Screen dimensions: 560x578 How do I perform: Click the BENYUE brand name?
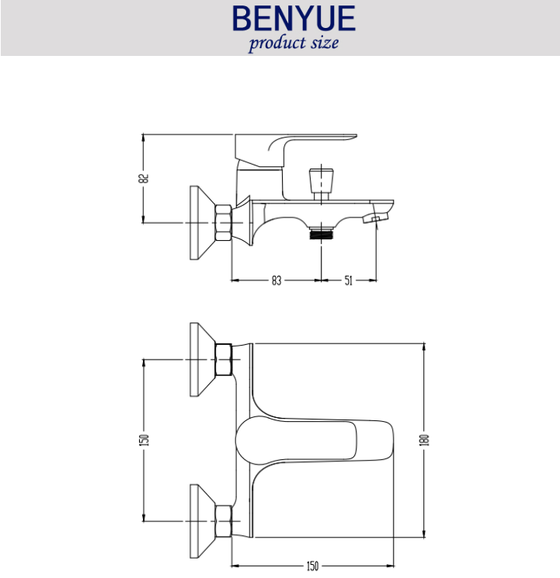pos(294,18)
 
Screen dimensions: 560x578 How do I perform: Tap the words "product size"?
pos(294,44)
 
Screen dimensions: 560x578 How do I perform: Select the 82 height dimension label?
pos(144,179)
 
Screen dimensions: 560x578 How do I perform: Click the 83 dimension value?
pos(277,280)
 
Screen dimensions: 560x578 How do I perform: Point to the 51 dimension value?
pos(348,280)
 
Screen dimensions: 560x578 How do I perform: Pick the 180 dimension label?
pos(424,440)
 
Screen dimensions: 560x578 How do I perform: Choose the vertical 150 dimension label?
pos(144,440)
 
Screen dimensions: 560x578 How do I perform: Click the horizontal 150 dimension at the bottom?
pos(312,566)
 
